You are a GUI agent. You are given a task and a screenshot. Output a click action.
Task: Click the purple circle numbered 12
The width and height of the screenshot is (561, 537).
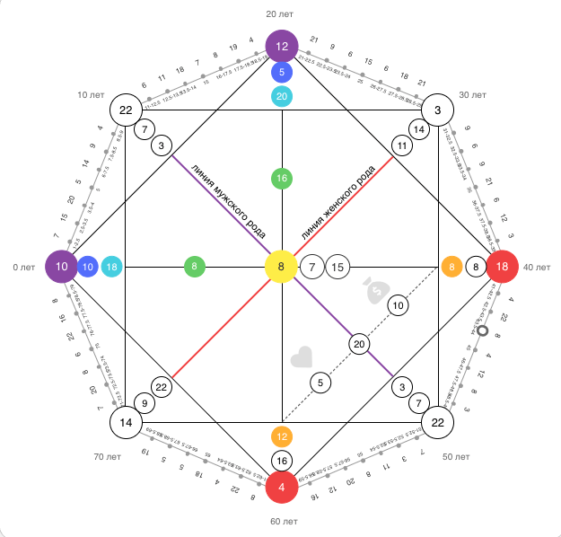tap(281, 46)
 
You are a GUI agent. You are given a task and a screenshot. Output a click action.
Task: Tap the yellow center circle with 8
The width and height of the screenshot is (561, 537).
tap(281, 267)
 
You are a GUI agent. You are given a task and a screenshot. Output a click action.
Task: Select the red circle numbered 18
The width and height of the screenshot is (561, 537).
tap(503, 267)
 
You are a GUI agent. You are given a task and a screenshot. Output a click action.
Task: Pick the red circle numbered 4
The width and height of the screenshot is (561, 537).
tap(281, 489)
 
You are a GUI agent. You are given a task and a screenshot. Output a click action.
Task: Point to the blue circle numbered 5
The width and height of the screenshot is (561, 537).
tap(282, 72)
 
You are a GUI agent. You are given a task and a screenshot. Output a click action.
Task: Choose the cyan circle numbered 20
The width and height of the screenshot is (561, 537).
tap(282, 96)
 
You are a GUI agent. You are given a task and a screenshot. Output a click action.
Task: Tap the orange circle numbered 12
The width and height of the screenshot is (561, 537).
tap(282, 436)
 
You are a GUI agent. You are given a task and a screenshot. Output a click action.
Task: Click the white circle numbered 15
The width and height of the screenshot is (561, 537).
tap(337, 267)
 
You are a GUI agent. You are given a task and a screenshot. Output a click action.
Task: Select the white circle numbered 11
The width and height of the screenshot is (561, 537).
tap(401, 145)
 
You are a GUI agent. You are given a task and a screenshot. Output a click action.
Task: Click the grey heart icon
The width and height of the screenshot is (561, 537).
tap(302, 357)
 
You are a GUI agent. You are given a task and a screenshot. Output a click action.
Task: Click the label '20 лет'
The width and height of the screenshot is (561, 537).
tap(281, 13)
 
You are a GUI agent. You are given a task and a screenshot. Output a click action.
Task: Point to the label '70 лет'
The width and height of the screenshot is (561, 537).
tap(107, 457)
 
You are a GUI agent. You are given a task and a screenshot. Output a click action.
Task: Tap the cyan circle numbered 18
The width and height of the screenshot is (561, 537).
tap(112, 267)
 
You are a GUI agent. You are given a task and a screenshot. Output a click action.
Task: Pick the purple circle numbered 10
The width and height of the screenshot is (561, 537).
tap(60, 267)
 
